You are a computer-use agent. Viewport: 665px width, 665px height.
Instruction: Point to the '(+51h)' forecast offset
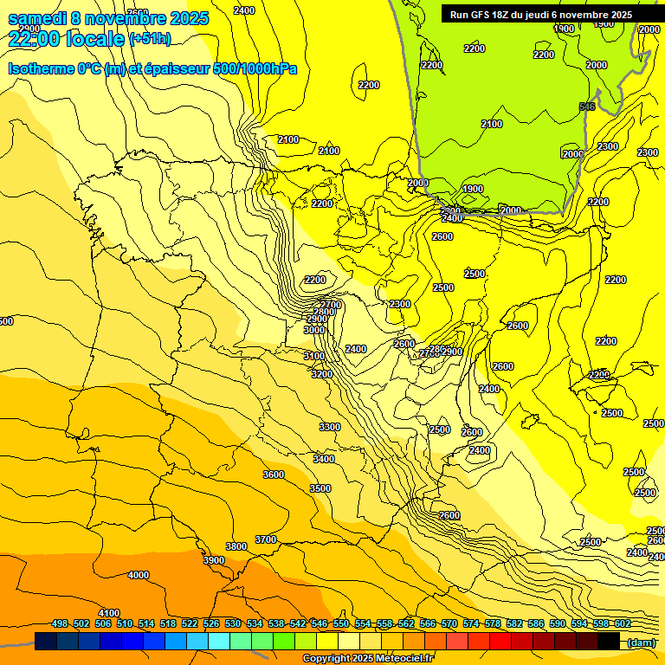click(x=150, y=39)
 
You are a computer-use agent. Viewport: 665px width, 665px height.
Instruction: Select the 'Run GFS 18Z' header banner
click(x=541, y=14)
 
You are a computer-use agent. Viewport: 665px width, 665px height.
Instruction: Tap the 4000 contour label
click(x=138, y=575)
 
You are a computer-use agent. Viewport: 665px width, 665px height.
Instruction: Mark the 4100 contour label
click(x=109, y=613)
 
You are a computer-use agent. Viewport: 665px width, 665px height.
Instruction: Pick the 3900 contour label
click(x=213, y=560)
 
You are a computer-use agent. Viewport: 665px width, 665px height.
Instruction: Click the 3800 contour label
click(x=236, y=546)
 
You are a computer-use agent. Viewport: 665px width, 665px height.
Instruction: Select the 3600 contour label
click(x=273, y=475)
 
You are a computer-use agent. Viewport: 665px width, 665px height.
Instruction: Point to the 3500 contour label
click(x=320, y=488)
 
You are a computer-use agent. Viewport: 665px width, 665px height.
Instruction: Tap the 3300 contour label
click(x=329, y=427)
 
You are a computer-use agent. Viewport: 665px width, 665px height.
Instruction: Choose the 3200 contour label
click(x=321, y=374)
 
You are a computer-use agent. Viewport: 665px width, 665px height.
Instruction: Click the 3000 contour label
click(x=314, y=330)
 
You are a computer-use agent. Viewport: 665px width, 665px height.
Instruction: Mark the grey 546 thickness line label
click(x=586, y=107)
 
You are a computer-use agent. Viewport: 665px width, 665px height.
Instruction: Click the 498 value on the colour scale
click(x=60, y=623)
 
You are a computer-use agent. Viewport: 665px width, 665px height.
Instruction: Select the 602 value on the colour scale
click(x=623, y=623)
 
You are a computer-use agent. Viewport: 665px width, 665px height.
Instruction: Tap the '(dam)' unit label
click(x=641, y=642)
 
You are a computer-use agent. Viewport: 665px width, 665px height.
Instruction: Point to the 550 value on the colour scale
click(x=341, y=623)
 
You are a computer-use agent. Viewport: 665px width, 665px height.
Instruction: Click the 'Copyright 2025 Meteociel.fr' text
click(x=367, y=658)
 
